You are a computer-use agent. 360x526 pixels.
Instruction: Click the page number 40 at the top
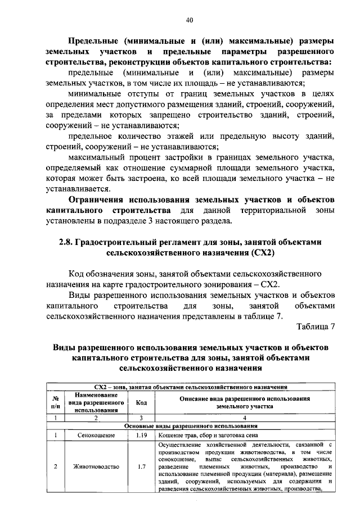190,21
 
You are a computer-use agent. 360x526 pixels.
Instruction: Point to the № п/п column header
55,402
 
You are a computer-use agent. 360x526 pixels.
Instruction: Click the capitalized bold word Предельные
93,41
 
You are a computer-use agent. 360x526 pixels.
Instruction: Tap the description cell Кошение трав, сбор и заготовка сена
208,434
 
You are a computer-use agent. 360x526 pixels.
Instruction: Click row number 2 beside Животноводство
55,466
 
